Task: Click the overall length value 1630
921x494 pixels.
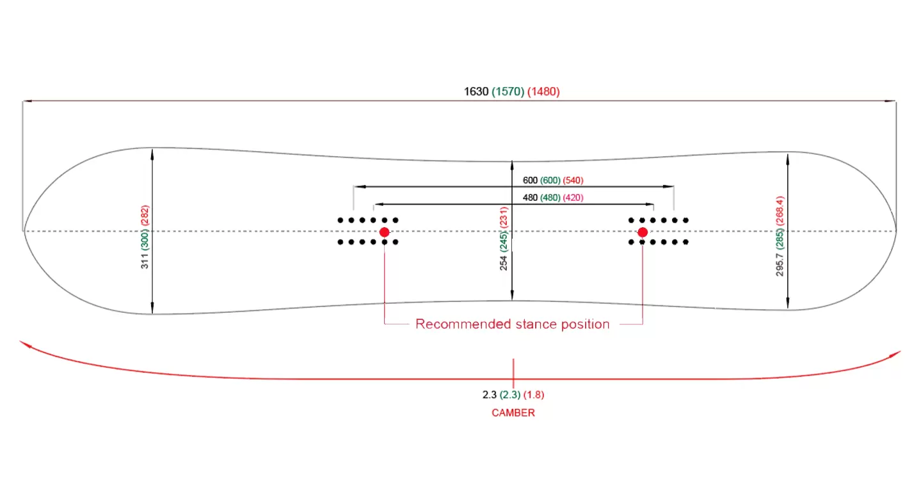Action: (x=476, y=92)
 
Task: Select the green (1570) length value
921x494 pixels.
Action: (x=508, y=92)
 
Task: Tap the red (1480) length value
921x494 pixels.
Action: (x=544, y=92)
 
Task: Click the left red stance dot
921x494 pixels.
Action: (x=384, y=232)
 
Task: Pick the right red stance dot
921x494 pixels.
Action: (x=643, y=232)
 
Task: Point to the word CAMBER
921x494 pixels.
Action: (x=513, y=413)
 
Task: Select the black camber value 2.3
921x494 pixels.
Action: (x=490, y=395)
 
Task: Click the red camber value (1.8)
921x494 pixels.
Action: (x=534, y=395)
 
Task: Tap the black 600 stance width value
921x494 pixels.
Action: (x=529, y=180)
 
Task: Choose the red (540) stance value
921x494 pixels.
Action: (x=573, y=180)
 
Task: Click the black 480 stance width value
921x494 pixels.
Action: (x=530, y=198)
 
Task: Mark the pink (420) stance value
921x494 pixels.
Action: (x=573, y=198)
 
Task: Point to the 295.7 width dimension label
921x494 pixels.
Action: (x=780, y=262)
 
